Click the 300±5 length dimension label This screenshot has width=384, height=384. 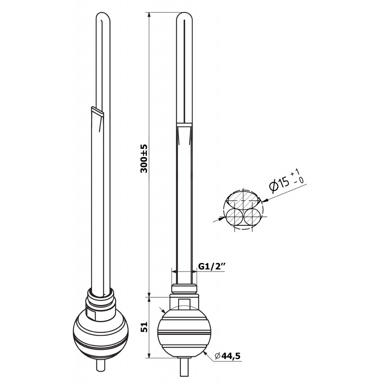tap(144, 159)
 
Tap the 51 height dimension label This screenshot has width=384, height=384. tap(144, 327)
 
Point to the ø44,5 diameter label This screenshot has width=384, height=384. tap(228, 355)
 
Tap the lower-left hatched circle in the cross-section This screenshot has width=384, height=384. tap(235, 217)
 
